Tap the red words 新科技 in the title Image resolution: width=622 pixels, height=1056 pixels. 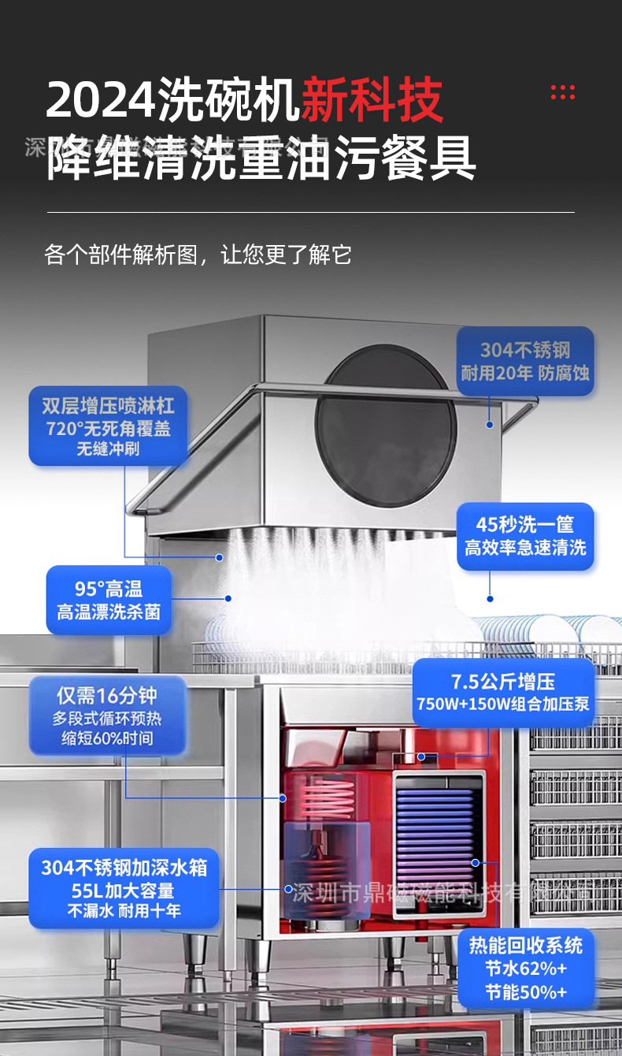[372, 101]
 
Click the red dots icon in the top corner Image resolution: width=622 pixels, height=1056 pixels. [562, 92]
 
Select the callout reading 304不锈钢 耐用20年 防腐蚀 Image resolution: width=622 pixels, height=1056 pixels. [525, 361]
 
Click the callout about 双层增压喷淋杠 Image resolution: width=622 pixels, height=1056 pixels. [109, 426]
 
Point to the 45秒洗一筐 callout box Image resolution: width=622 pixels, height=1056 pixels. [525, 536]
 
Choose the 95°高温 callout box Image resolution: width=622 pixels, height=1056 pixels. [109, 600]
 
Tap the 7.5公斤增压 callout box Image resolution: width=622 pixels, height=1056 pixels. [503, 692]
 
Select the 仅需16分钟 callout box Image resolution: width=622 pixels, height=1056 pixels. [107, 716]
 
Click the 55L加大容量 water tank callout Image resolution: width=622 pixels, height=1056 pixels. [124, 889]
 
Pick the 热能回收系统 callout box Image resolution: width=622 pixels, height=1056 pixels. [526, 968]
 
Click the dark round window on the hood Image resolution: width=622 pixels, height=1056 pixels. [386, 426]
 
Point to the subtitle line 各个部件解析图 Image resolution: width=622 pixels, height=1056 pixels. [198, 255]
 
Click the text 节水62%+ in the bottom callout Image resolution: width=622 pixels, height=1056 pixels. [526, 969]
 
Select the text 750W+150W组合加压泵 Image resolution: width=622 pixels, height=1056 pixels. [503, 704]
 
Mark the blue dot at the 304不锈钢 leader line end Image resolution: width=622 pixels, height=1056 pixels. [489, 425]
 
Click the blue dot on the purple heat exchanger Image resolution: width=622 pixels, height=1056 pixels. [476, 863]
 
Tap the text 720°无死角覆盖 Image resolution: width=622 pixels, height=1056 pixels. [109, 429]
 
